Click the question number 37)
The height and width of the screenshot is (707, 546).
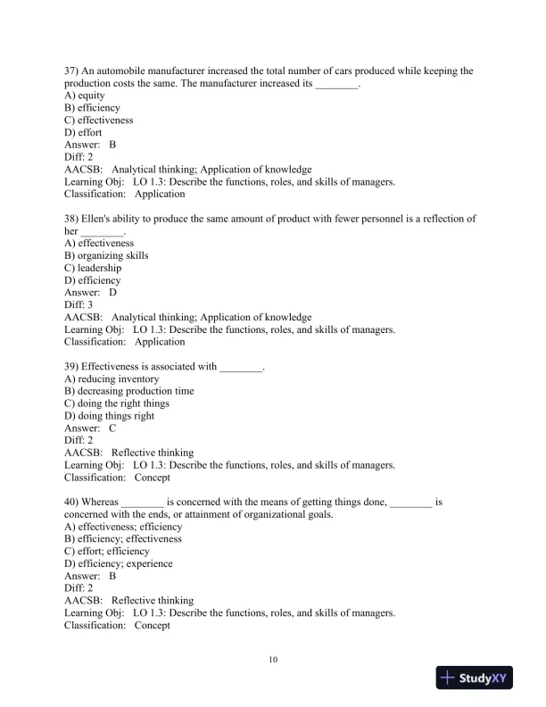(x=71, y=71)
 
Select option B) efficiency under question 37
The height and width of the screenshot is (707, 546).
(x=92, y=108)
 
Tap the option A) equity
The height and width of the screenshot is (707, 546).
(x=85, y=96)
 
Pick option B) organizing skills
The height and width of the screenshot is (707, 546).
(x=106, y=255)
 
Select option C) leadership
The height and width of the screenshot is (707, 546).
(x=93, y=268)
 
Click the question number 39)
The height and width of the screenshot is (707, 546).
(x=71, y=366)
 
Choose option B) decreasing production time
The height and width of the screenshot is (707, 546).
(x=128, y=391)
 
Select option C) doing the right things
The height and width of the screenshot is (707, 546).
(x=116, y=403)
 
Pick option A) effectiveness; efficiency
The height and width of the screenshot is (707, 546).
(x=123, y=527)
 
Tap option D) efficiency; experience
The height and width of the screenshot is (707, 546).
(x=119, y=564)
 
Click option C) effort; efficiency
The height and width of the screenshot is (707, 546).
(x=107, y=552)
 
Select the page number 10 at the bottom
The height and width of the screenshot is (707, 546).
(x=273, y=660)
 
